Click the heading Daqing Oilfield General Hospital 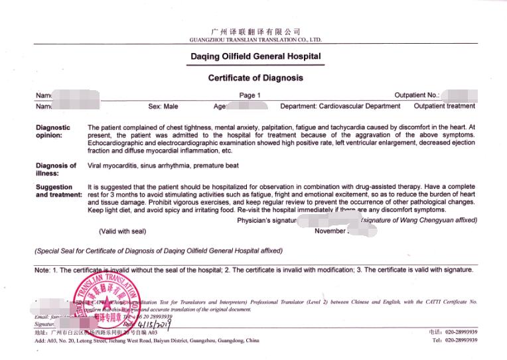point(255,57)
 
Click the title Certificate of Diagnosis point(255,78)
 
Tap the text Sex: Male point(163,106)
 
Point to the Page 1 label point(250,95)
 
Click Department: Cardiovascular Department point(340,106)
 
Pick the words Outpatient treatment point(444,106)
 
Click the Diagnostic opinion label point(52,131)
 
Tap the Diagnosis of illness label point(56,170)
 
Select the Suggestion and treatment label point(58,191)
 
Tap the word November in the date point(330,231)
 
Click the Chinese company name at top point(255,32)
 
